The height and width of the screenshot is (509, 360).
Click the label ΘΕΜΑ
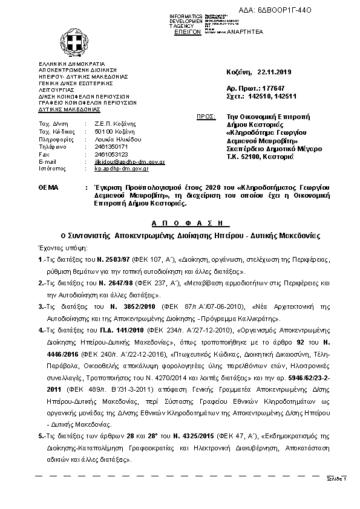pos(48,189)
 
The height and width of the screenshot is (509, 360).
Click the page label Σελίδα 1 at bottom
pos(338,478)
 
